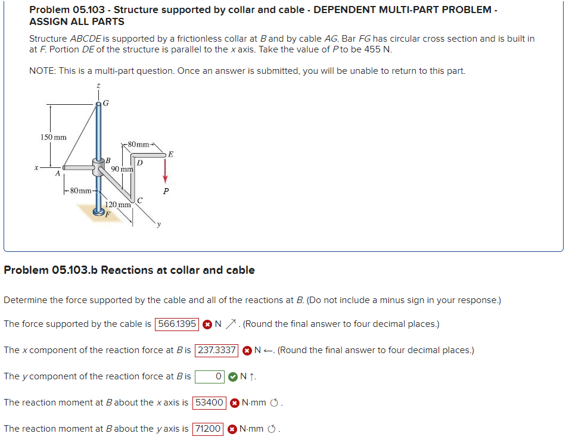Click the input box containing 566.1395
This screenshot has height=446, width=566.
(177, 324)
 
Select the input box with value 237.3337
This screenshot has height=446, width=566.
(217, 350)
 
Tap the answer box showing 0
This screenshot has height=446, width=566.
(210, 376)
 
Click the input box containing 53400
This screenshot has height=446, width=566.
(209, 403)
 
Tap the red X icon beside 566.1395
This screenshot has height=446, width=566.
(207, 324)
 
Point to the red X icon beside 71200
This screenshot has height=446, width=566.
(233, 429)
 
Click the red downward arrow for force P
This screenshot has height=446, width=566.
(166, 174)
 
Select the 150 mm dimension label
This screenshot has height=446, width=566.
(53, 137)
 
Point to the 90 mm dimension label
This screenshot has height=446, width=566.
(122, 169)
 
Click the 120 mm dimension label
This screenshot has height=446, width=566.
(118, 205)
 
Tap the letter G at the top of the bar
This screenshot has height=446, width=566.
(106, 103)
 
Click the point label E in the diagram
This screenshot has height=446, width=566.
(171, 154)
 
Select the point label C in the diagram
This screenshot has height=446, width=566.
(139, 200)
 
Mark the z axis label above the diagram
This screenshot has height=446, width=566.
(98, 87)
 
